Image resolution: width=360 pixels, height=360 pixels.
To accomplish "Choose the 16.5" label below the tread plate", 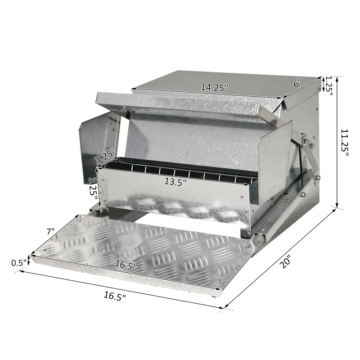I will point(115,296).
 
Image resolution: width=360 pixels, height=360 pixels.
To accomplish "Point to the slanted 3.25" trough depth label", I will point(105,156).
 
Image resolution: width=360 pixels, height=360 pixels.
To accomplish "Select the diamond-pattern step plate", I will point(148,256).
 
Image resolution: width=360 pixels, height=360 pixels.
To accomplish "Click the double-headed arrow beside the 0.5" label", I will point(29,260).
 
